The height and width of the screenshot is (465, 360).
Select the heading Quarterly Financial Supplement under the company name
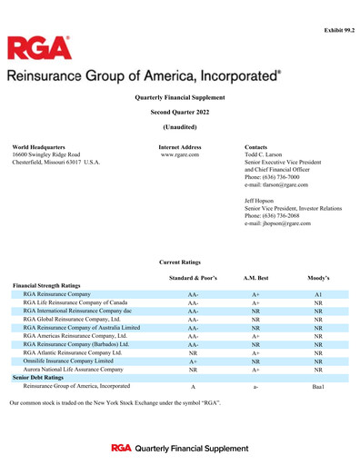[180, 96]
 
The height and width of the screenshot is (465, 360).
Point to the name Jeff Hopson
[262, 201]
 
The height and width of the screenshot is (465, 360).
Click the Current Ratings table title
[180, 262]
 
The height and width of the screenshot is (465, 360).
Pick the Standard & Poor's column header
[194, 276]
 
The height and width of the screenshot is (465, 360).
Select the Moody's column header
[319, 276]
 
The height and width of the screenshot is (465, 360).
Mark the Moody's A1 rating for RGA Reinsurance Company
[319, 295]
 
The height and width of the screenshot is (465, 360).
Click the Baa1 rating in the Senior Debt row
[319, 387]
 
